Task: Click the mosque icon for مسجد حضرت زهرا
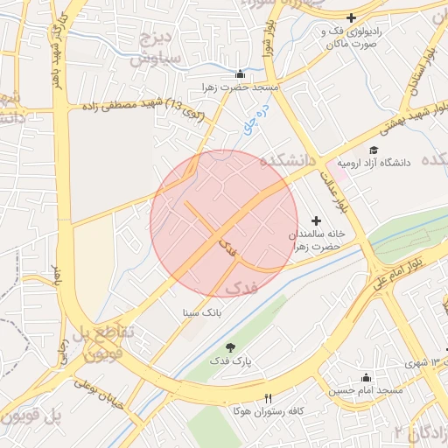coord(241,73)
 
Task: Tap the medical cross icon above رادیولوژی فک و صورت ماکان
coord(352,17)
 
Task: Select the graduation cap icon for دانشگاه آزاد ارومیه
coord(374,150)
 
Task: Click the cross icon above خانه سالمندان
coord(316,220)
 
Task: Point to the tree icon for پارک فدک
coord(230,347)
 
